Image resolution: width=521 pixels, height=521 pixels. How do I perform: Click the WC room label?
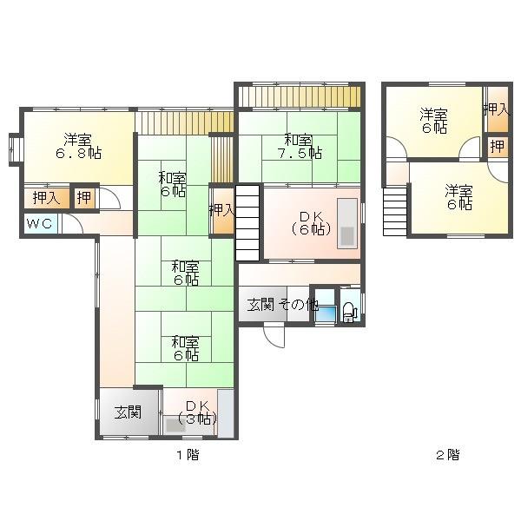(39, 224)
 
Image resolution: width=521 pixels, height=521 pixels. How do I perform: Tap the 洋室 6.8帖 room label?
(78, 147)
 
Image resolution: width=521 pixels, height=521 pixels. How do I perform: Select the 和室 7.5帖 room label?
(300, 147)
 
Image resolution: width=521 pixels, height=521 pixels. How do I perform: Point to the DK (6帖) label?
(311, 223)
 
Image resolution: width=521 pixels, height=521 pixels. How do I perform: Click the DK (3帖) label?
(198, 412)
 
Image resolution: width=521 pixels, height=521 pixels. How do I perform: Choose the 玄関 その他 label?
(283, 305)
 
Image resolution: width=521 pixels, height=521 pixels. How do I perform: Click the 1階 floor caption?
(188, 454)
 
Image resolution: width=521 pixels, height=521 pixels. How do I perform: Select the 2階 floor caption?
(448, 454)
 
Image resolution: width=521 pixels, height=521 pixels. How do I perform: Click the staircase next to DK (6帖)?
(247, 223)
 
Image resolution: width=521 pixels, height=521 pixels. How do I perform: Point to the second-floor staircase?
(395, 211)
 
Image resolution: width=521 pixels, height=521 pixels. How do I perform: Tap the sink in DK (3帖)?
(175, 425)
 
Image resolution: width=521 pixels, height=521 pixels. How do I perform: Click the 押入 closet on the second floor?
(497, 109)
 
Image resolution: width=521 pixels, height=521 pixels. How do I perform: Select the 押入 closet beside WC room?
(47, 198)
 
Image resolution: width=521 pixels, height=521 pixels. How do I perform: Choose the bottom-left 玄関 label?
(128, 412)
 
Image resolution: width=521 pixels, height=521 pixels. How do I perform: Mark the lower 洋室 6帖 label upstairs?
(458, 197)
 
